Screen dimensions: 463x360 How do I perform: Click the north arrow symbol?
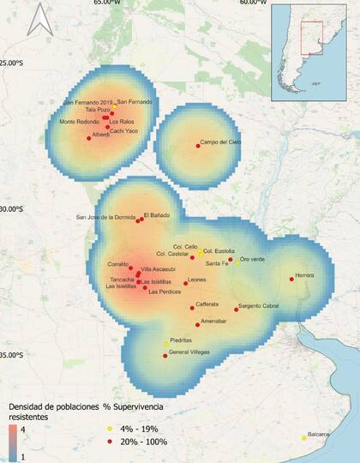pyautogui.click(x=39, y=19)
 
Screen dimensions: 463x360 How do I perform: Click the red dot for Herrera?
pyautogui.click(x=292, y=279)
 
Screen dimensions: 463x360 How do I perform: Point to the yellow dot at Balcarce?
pyautogui.click(x=304, y=438)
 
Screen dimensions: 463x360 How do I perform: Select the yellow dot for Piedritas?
pyautogui.click(x=166, y=344)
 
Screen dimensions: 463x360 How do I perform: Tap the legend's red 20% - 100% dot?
pyautogui.click(x=109, y=442)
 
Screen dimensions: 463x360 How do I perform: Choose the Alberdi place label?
pyautogui.click(x=101, y=135)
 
